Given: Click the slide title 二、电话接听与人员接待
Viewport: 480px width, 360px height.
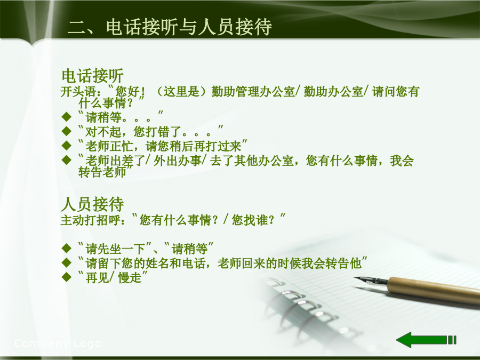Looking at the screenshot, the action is coord(170,27).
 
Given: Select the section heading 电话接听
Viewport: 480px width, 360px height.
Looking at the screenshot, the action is coord(92,76).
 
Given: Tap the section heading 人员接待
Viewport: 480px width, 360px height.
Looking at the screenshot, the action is coord(92,204).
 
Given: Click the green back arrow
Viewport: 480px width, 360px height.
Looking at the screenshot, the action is coord(426,340).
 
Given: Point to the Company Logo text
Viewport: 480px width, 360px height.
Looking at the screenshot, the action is coord(58,343).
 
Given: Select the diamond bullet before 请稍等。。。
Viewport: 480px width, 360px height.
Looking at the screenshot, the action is coord(67,117).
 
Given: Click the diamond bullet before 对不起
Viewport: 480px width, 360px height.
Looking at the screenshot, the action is coord(67,131).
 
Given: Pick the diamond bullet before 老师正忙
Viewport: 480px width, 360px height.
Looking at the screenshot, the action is coord(67,146).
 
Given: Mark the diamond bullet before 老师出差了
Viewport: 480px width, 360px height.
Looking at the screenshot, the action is coord(67,160).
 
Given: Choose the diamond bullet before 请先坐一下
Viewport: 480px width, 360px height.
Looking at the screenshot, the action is coord(67,248).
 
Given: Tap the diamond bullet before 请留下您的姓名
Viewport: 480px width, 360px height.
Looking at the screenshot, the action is coord(67,262).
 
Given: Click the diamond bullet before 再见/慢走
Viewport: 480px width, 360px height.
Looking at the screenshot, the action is coord(67,277).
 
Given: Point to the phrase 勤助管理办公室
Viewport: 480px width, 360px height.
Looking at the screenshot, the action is coord(253,92).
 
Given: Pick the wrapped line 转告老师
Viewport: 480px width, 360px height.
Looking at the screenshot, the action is coord(102,172).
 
